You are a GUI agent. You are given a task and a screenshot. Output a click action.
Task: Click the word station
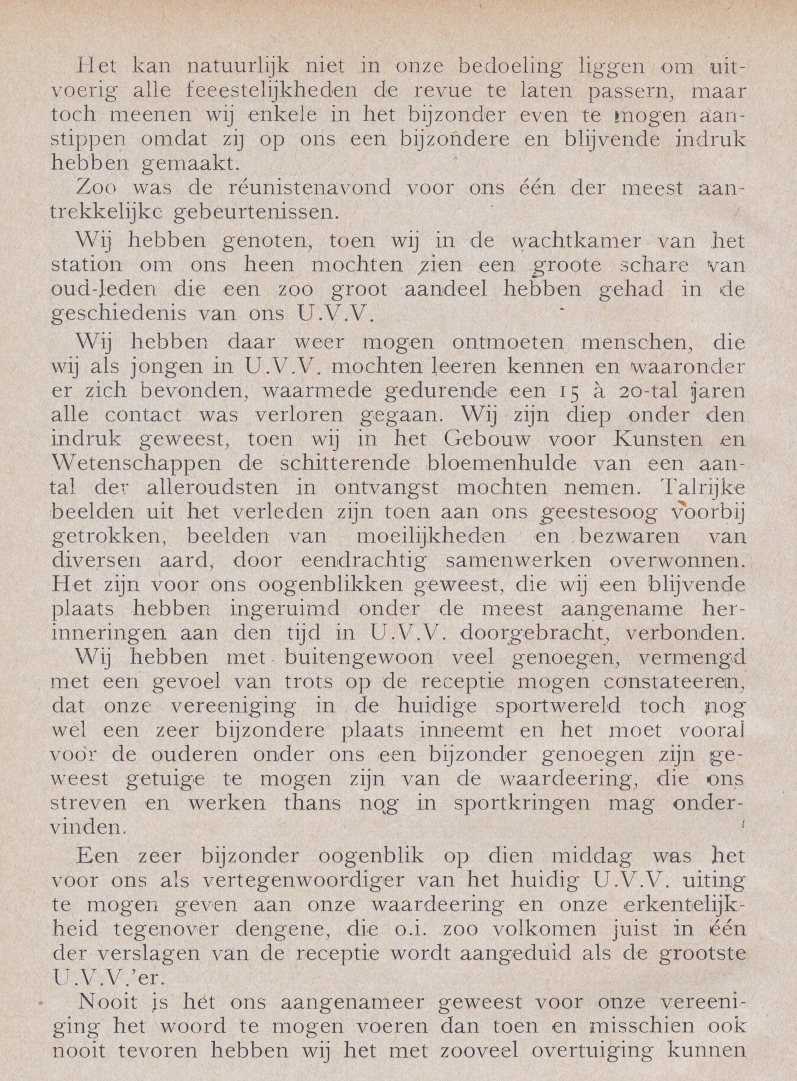coord(87,265)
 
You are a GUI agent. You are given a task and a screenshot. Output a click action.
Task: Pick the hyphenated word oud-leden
coord(103,289)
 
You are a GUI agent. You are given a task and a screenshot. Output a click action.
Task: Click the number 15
coord(571,391)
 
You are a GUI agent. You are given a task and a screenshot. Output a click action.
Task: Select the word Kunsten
coord(655,439)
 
